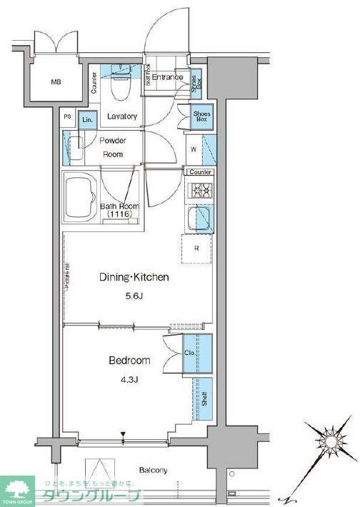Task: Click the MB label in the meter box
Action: click(56, 81)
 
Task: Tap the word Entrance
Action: click(167, 77)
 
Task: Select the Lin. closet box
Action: click(88, 120)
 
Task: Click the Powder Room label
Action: click(112, 147)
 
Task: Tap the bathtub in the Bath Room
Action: click(81, 196)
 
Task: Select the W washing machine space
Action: click(194, 151)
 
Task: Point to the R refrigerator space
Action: click(196, 249)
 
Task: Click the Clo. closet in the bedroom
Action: click(190, 353)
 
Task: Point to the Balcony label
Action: click(154, 470)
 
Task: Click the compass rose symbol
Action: click(324, 438)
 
